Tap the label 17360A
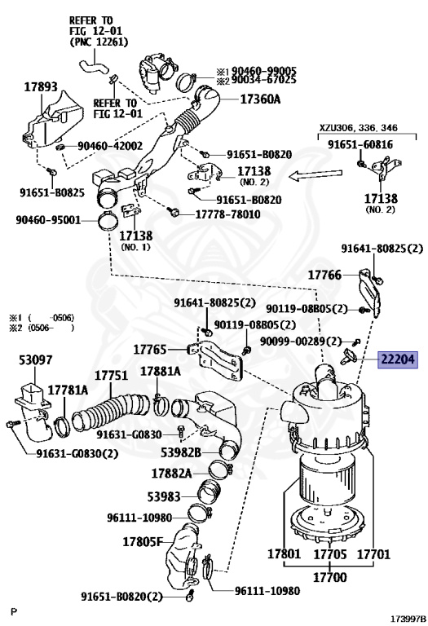click(x=259, y=99)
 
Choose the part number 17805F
click(x=143, y=541)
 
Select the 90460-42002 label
click(x=110, y=146)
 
